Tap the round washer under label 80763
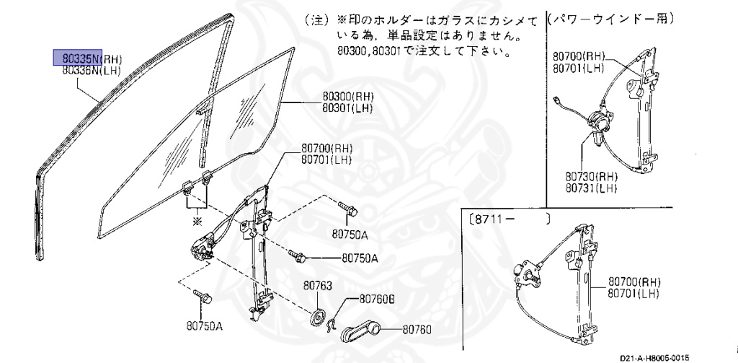point(315,319)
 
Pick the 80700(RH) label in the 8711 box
point(633,281)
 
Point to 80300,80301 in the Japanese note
point(375,52)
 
